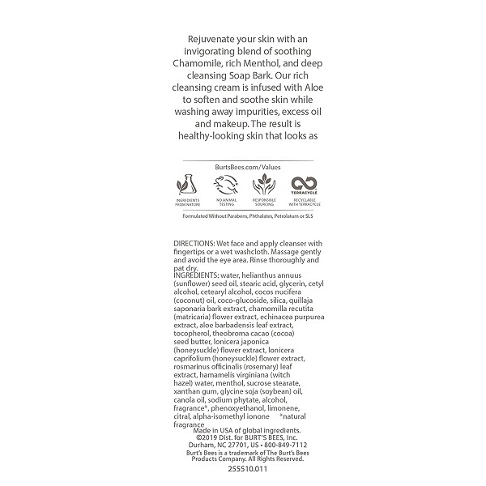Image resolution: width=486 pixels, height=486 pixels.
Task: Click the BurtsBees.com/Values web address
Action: pyautogui.click(x=243, y=166)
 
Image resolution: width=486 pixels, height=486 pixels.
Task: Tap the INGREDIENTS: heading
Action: pyautogui.click(x=197, y=275)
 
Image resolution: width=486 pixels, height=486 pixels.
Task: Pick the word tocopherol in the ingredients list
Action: pyautogui.click(x=197, y=330)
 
